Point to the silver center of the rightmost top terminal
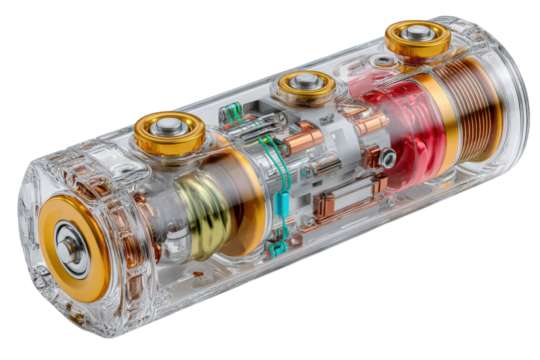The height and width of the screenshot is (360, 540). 417,35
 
